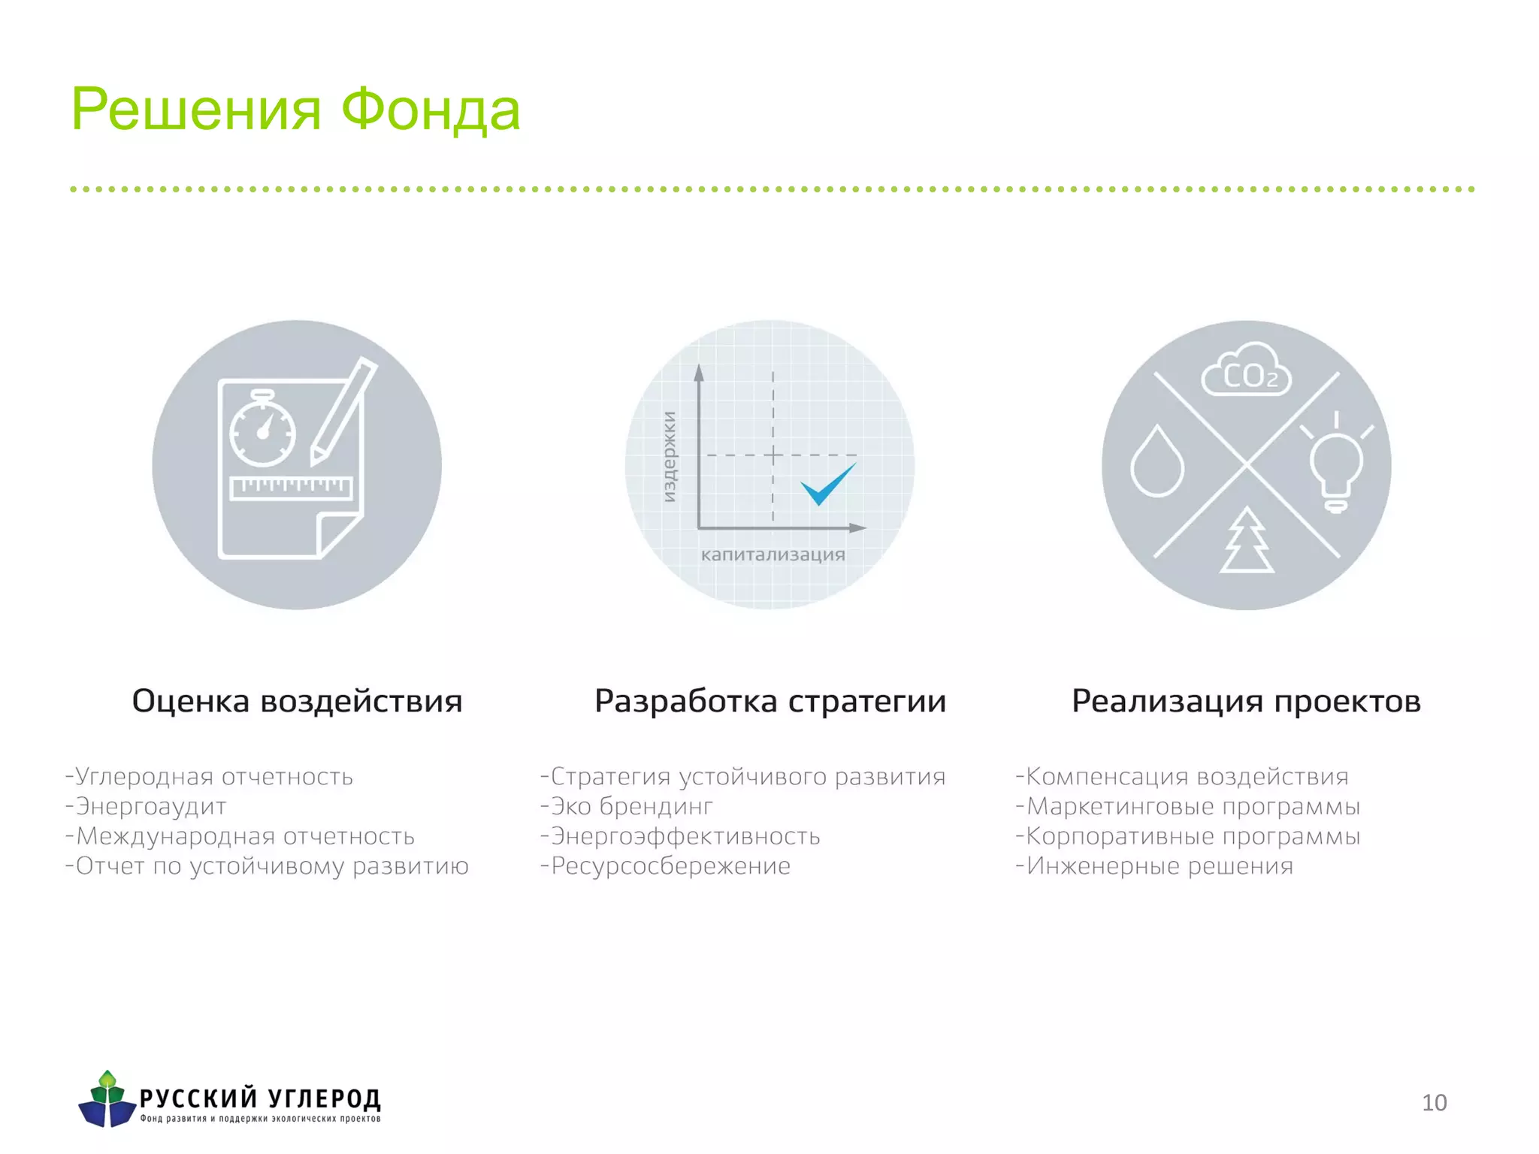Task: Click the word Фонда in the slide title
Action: click(430, 110)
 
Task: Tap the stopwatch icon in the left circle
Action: click(262, 432)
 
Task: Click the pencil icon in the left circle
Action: click(343, 411)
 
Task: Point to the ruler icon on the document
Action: click(291, 487)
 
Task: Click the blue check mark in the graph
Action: click(827, 485)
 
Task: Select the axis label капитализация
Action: click(773, 555)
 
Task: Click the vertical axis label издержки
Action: click(669, 457)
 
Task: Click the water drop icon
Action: click(1157, 461)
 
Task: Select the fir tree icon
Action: click(1247, 541)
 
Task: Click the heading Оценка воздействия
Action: click(297, 701)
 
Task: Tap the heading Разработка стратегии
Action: click(770, 701)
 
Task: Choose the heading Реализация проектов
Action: click(1246, 701)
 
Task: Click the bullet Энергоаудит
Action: click(150, 806)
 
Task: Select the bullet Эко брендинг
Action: click(631, 806)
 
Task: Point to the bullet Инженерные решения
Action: click(1159, 866)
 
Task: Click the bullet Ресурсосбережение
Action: click(670, 866)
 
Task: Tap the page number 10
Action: click(1434, 1102)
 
